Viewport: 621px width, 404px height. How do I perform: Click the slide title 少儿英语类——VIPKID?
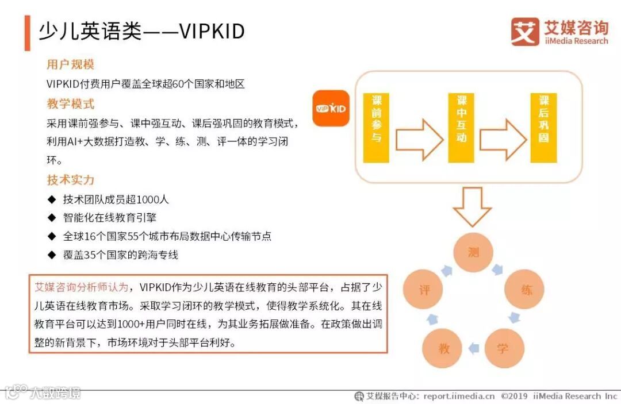[141, 32]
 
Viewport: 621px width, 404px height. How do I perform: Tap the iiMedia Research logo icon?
[524, 32]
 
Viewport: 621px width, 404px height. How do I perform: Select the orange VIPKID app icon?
[331, 108]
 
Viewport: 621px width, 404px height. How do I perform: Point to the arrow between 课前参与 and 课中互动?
[419, 139]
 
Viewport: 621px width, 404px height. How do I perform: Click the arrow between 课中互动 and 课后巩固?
[503, 139]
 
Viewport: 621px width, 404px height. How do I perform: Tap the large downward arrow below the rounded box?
[472, 206]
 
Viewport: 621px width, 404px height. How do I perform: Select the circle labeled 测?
[474, 252]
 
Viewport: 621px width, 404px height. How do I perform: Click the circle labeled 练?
[526, 290]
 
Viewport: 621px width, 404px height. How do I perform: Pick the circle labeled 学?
[504, 348]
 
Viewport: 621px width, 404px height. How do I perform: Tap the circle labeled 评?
[424, 290]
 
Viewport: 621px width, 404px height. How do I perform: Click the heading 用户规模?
[70, 64]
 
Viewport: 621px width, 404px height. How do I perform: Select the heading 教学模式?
[70, 104]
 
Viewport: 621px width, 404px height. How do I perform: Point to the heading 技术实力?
[70, 180]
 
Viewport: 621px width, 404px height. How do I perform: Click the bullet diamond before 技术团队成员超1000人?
[52, 200]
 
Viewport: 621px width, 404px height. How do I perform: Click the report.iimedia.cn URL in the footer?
[459, 396]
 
